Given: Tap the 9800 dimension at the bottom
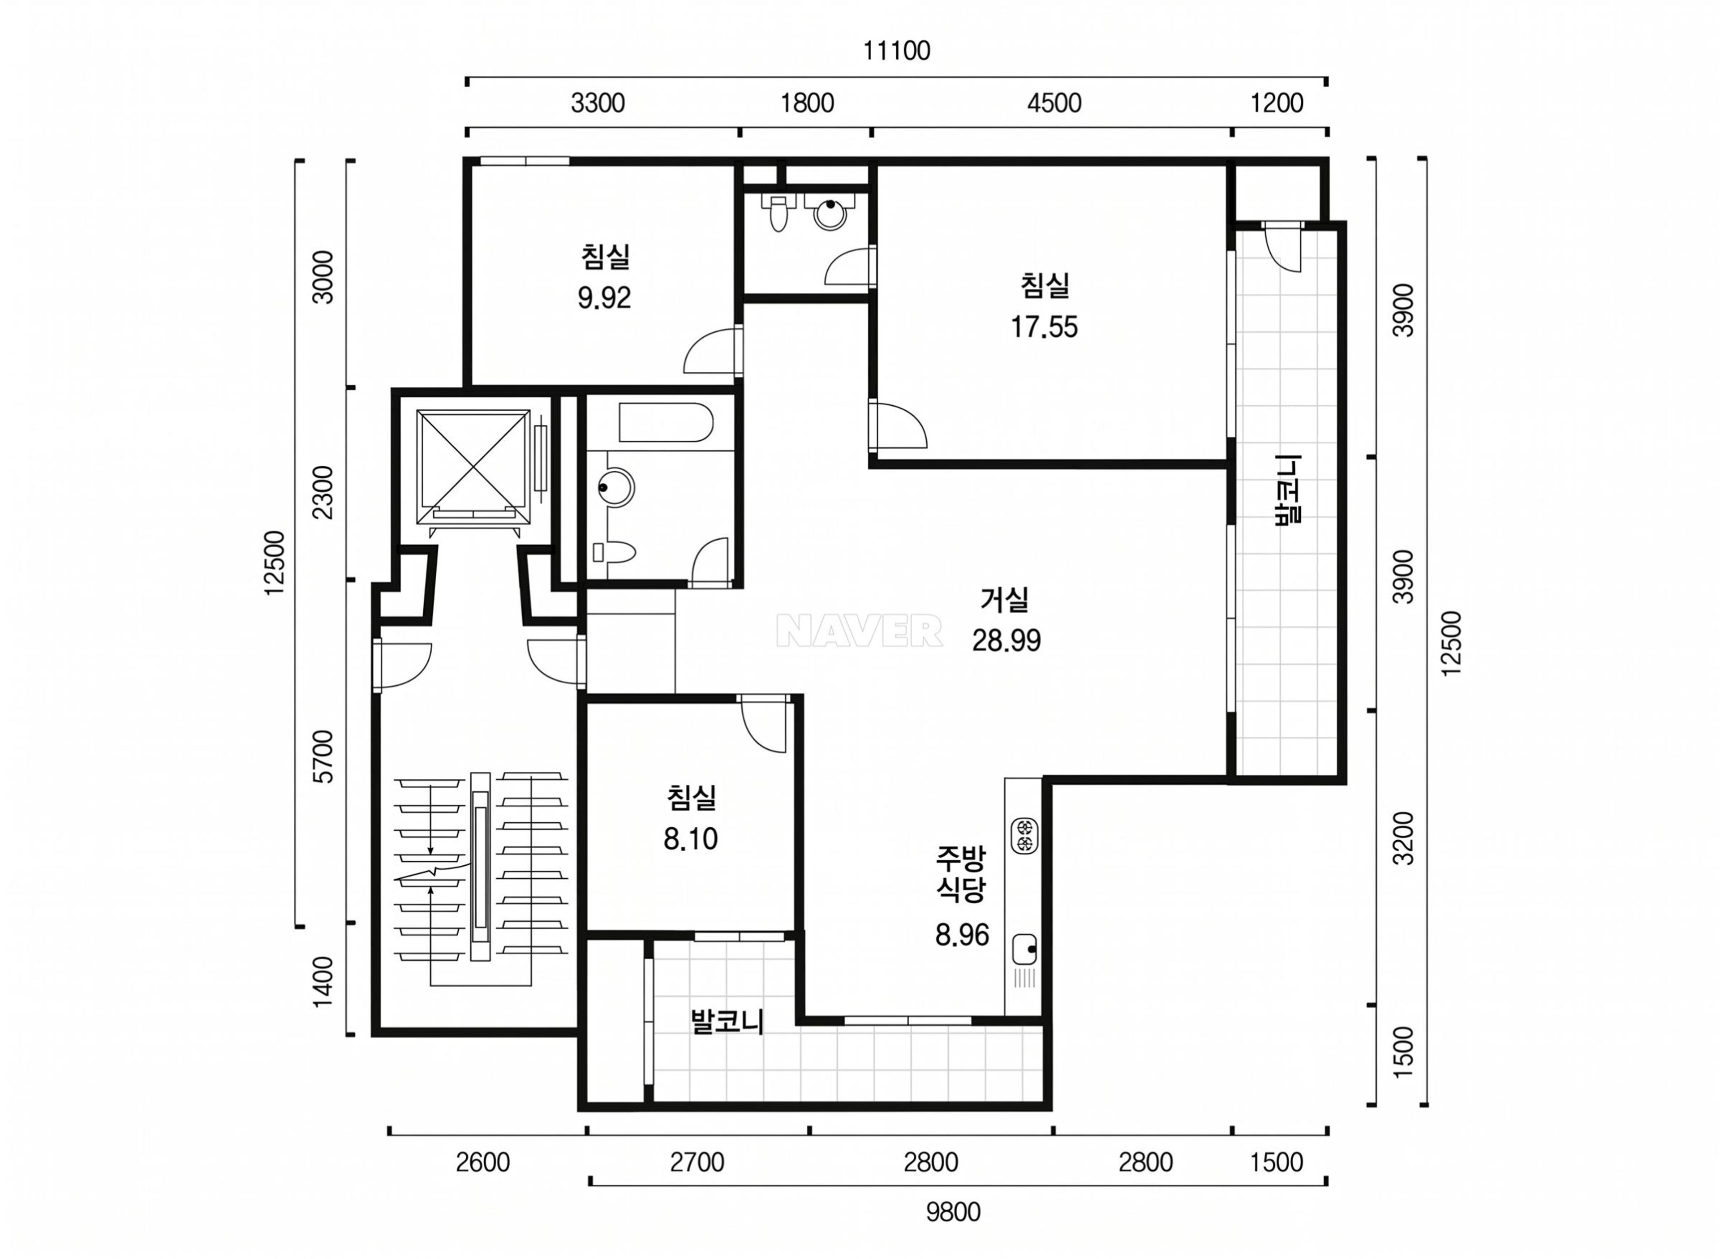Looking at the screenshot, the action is tap(953, 1212).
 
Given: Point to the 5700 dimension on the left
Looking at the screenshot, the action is tap(324, 756).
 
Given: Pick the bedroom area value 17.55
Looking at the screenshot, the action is tap(1044, 327).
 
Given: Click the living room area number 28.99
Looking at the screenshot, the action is tap(1006, 640).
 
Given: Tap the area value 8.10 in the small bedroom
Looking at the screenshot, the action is tap(690, 839).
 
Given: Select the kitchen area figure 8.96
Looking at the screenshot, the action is tap(962, 934).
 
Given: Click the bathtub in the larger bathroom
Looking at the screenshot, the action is tap(666, 423).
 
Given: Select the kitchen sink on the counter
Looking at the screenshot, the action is tap(1023, 950).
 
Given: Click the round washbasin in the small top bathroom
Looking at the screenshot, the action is tap(830, 213).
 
